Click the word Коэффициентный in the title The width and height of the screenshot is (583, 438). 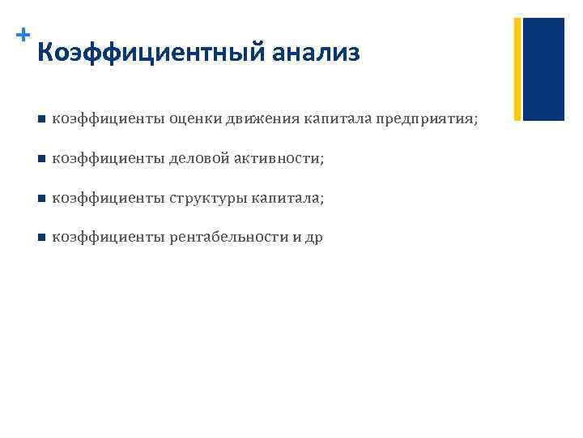click(151, 54)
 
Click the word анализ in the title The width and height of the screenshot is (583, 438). click(316, 54)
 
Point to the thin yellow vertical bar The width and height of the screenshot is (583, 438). click(517, 69)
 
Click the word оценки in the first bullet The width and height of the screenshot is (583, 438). click(197, 120)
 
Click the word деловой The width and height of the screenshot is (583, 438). click(198, 159)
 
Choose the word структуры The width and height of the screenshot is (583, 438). click(207, 199)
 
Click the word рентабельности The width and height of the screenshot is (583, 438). click(229, 238)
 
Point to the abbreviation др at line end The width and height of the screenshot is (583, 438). click(313, 238)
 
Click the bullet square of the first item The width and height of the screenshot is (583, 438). click(40, 120)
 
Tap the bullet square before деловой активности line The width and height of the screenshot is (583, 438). click(40, 159)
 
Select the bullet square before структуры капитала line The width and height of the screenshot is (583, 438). click(40, 199)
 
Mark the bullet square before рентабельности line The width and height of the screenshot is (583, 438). click(40, 238)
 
